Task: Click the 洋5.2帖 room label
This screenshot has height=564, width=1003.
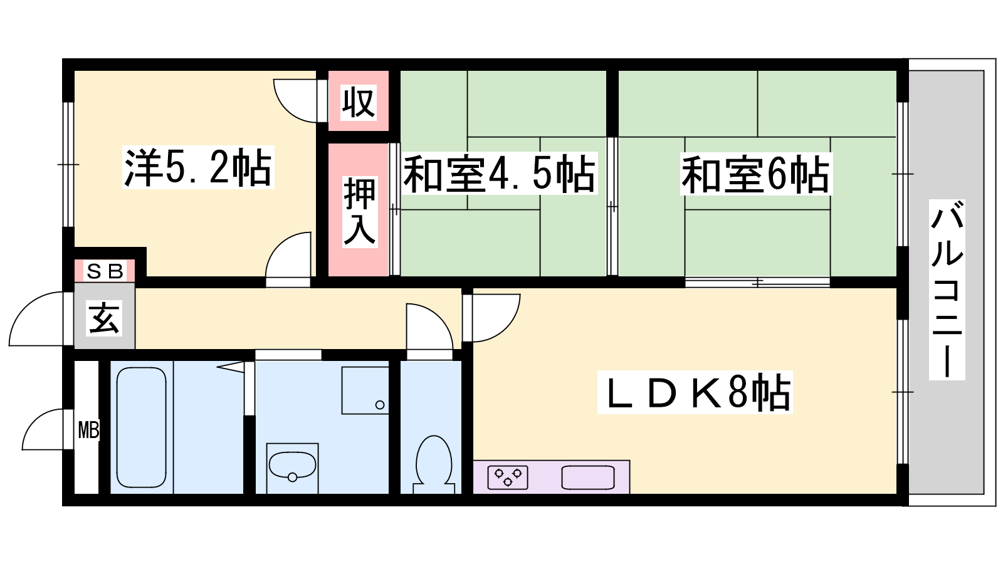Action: (198, 167)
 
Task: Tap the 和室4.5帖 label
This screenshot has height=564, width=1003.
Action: (499, 173)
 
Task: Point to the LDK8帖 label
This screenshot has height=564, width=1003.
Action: (695, 392)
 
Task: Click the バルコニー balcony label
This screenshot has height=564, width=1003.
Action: (947, 290)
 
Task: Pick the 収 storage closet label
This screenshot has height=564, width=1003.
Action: (358, 102)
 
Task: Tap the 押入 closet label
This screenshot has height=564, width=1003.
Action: (360, 212)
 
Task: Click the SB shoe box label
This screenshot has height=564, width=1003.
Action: (105, 271)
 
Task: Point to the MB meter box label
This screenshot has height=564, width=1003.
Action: (88, 430)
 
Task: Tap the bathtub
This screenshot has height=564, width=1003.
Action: (142, 427)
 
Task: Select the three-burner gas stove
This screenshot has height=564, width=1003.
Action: (508, 477)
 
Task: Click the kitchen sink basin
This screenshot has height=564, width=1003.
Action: (589, 477)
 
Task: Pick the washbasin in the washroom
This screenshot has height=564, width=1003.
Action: (292, 466)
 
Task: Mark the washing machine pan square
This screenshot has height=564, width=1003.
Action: (365, 390)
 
